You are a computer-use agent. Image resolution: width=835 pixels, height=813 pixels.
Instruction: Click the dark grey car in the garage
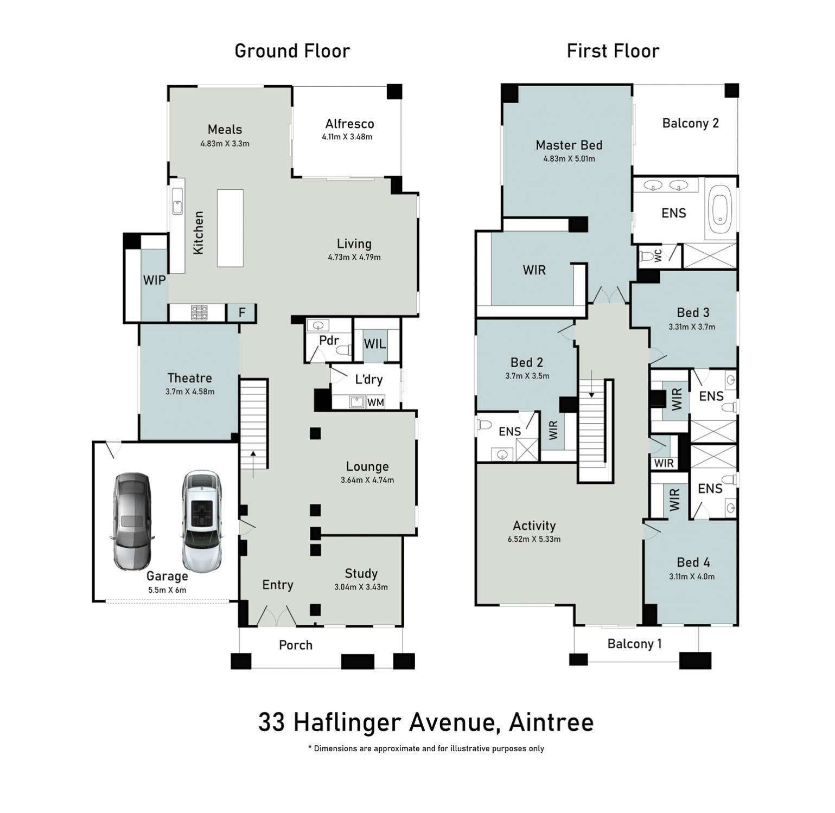131,522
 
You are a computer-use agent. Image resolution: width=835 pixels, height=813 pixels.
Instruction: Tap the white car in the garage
202,522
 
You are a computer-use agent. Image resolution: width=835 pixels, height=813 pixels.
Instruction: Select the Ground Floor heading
292,51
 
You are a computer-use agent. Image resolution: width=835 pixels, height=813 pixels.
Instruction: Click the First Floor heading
613,51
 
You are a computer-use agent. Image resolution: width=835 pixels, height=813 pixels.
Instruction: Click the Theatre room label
189,378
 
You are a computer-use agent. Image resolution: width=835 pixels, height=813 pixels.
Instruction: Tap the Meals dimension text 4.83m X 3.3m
225,144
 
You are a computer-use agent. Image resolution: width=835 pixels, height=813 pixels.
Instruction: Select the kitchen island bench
230,228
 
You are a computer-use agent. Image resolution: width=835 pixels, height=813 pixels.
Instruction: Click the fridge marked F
242,312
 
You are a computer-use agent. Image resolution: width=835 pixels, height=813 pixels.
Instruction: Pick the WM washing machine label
375,402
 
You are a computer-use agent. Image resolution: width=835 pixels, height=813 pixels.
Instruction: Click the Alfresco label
349,124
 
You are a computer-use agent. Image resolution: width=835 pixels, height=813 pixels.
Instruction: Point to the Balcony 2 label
690,124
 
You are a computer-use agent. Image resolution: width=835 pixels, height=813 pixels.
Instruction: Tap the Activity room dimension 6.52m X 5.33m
534,539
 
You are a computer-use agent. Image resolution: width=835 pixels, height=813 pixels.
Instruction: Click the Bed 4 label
693,562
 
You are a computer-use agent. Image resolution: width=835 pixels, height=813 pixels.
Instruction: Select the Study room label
361,574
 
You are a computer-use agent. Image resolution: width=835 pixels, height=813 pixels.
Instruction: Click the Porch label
296,645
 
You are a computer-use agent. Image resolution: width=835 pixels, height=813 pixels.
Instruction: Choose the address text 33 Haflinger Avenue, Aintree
425,722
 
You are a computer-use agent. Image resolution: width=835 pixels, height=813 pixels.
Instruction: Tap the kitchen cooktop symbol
199,312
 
